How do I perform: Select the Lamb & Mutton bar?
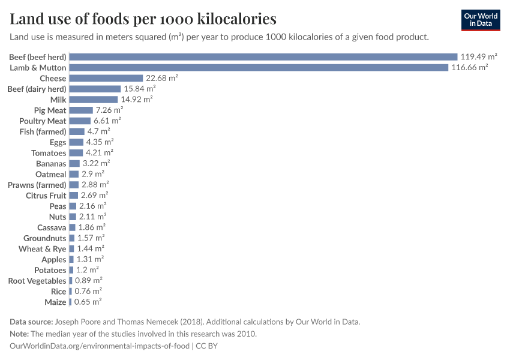pyautogui.click(x=259, y=68)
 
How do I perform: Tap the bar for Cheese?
pyautogui.click(x=106, y=79)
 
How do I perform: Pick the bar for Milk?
pyautogui.click(x=93, y=100)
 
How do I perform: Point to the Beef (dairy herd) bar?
pyautogui.click(x=95, y=89)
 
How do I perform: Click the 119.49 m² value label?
pyautogui.click(x=479, y=57)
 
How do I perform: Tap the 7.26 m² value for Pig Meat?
pyautogui.click(x=109, y=110)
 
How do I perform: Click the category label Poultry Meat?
pyautogui.click(x=43, y=121)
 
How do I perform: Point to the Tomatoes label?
pyautogui.click(x=49, y=153)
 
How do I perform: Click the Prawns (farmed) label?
pyautogui.click(x=37, y=185)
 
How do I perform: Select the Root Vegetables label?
pyautogui.click(x=37, y=281)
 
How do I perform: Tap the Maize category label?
pyautogui.click(x=55, y=302)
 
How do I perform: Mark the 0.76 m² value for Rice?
pyautogui.click(x=88, y=292)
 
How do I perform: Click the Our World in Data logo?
pyautogui.click(x=481, y=20)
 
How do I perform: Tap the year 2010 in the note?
pyautogui.click(x=247, y=334)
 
